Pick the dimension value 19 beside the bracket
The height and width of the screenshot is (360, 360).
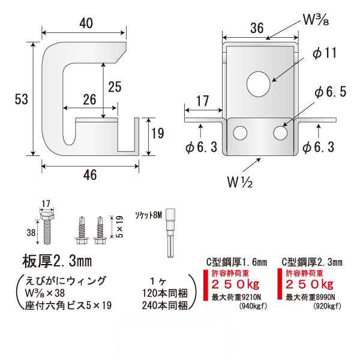[x=157, y=134]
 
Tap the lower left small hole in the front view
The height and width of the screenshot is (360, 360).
[x=241, y=133]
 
